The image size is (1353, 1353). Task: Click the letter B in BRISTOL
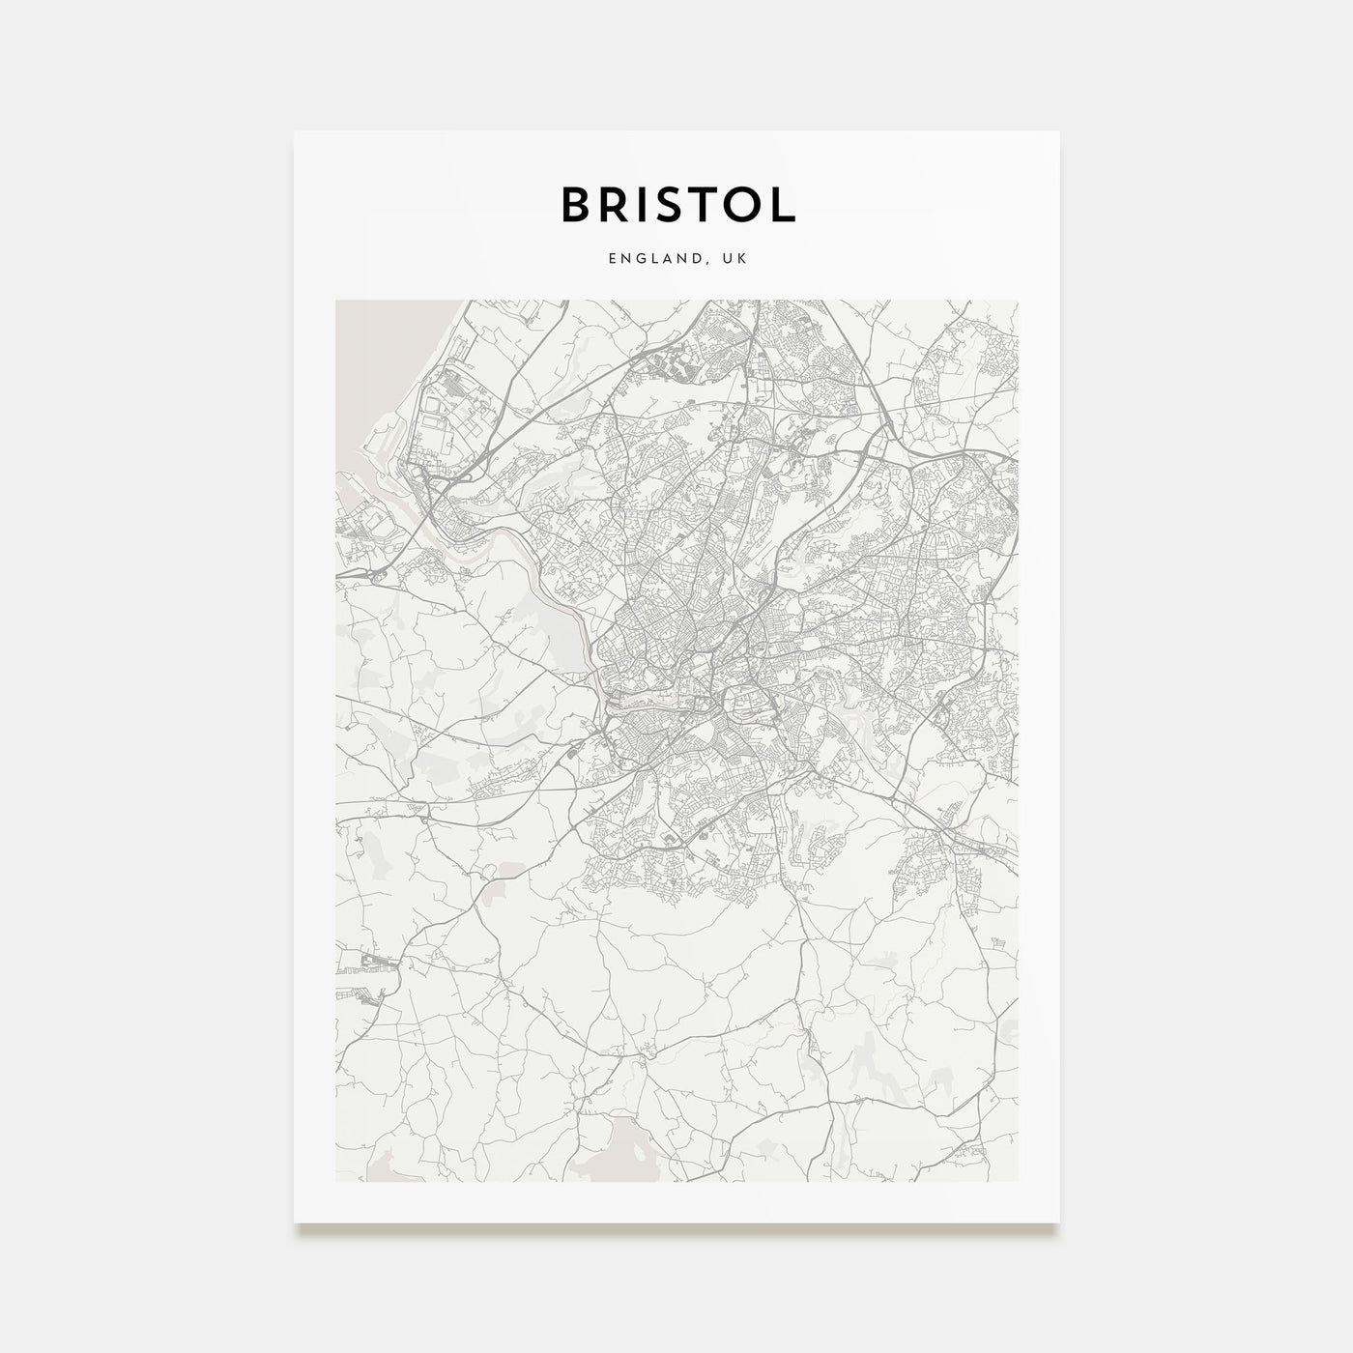[x=577, y=204]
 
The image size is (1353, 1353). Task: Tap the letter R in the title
[x=619, y=204]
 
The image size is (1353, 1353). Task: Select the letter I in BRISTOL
[x=650, y=204]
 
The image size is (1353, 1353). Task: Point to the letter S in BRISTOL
[x=677, y=204]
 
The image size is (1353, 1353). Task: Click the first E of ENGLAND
[x=613, y=259]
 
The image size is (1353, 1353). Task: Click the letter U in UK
[x=728, y=259]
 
